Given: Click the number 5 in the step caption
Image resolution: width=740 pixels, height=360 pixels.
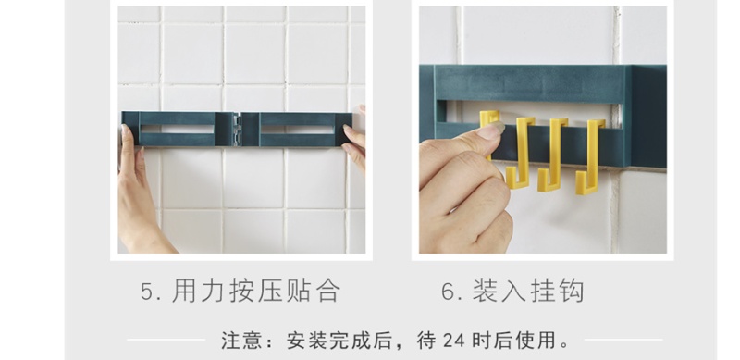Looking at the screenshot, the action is pos(148,291).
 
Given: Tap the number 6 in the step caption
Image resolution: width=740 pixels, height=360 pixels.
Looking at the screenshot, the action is pos(449,291).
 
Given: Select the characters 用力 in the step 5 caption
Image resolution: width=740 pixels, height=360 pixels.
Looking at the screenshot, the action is pos(198,291).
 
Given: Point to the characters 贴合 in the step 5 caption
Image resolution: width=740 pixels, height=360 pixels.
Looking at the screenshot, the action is pos(313,291).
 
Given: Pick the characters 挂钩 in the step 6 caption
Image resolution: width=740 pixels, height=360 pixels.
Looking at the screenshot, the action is pos(558,291).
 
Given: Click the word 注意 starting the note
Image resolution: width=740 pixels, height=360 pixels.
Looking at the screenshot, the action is pos(240,341).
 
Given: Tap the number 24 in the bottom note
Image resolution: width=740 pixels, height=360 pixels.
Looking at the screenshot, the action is pos(454,341).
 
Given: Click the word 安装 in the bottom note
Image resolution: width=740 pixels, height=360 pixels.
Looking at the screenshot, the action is pos(305,341).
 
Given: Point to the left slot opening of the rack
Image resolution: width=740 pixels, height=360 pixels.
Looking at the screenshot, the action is pos(177,129).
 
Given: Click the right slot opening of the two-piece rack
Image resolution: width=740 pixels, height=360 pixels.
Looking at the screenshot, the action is pos(298,129).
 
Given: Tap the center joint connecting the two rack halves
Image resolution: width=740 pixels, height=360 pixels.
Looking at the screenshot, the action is pos(237,129).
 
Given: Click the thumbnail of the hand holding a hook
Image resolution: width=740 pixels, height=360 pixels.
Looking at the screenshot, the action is pos(543,130).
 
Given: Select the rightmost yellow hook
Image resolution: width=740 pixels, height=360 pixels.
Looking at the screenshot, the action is pos(589,156).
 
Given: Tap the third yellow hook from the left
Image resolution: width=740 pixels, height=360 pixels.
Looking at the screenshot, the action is pos(552,155).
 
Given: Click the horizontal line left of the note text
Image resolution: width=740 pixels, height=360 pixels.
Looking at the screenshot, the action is pos(166,340).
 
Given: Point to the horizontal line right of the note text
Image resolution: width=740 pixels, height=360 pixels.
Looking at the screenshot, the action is pos(623,340).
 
